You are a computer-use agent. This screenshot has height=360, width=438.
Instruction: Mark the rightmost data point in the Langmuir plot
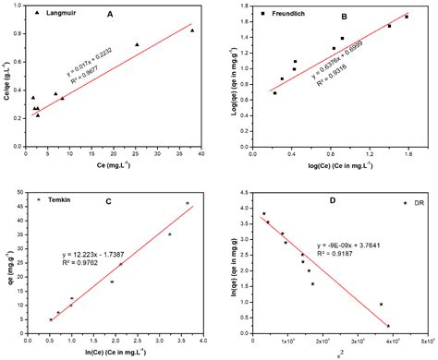click(192, 30)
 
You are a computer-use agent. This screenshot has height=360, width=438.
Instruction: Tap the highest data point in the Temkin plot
click(188, 203)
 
